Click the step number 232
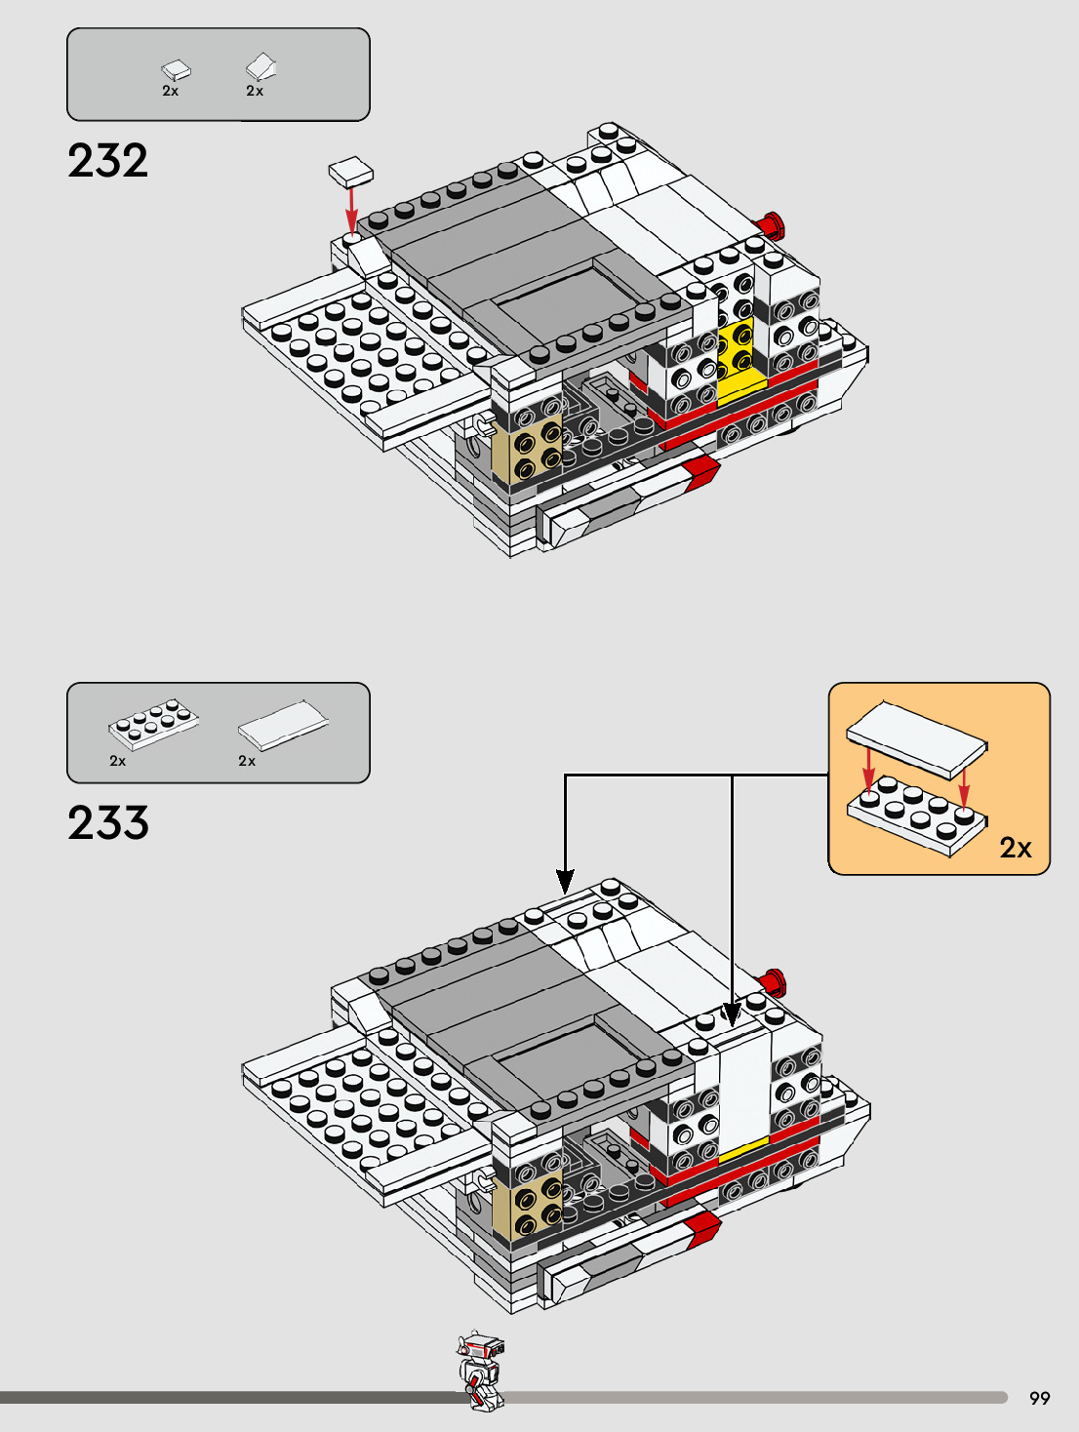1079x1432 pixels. (x=108, y=161)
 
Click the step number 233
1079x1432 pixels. (x=108, y=823)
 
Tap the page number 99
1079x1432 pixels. (x=1039, y=1398)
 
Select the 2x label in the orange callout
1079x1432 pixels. (x=1015, y=848)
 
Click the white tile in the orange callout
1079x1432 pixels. (x=916, y=738)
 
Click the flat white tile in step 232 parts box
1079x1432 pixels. (x=176, y=69)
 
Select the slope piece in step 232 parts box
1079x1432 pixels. (x=260, y=67)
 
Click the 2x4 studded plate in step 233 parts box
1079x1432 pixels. (x=153, y=723)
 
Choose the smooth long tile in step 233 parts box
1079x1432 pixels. (x=283, y=725)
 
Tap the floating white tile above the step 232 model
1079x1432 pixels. (x=351, y=173)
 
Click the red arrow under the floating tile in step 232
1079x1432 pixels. (x=351, y=210)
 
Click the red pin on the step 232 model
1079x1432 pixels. (x=772, y=225)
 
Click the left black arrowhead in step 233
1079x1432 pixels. (x=565, y=881)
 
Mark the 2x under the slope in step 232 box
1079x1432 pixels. (x=255, y=91)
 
